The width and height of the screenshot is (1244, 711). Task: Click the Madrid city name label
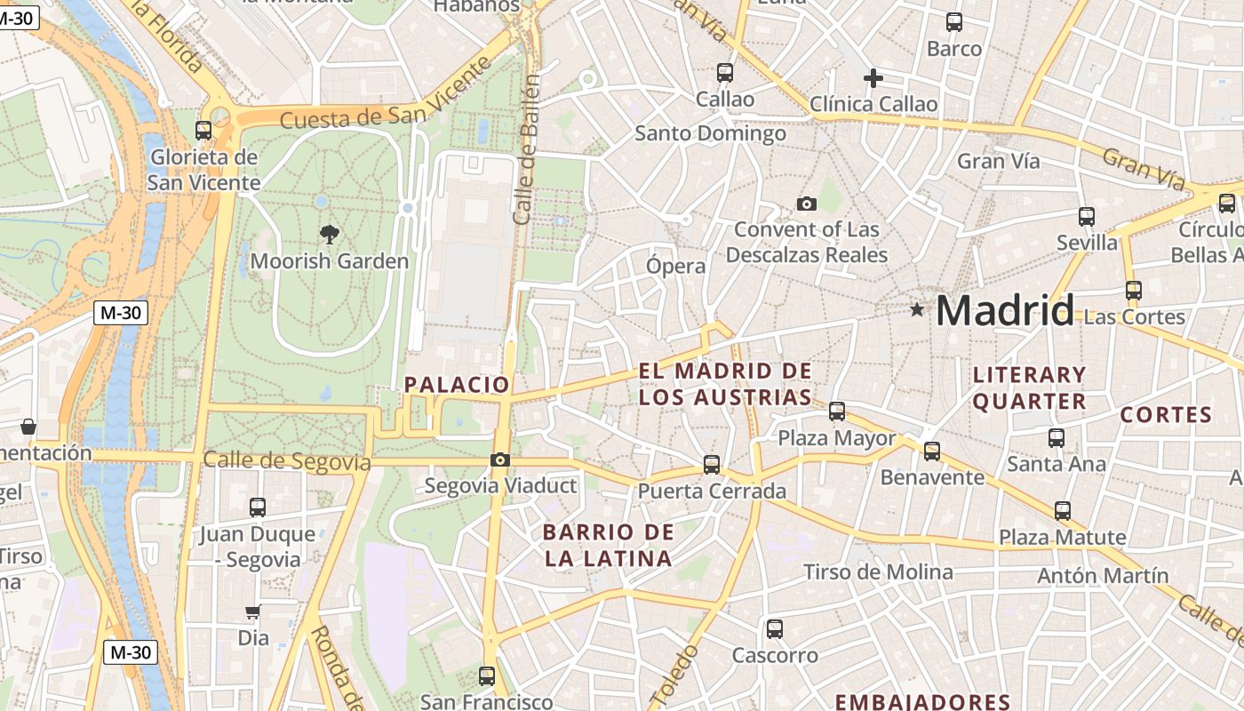click(x=1004, y=311)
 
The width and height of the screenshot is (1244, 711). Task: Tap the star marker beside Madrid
click(x=916, y=309)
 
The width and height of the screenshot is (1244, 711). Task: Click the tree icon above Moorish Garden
click(x=330, y=235)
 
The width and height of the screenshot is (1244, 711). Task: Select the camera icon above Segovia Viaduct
click(x=500, y=459)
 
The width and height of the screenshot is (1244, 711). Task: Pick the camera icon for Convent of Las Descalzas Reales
click(x=806, y=204)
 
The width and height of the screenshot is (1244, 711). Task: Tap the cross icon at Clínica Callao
click(x=873, y=78)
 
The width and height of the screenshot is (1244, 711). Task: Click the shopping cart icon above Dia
click(x=253, y=611)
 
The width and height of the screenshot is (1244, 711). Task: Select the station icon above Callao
click(x=725, y=72)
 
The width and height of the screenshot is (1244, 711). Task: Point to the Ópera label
click(x=676, y=266)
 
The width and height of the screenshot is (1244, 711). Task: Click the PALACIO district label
click(x=457, y=385)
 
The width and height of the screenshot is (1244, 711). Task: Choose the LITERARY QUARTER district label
click(x=1029, y=387)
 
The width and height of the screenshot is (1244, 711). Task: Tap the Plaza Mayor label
click(x=837, y=438)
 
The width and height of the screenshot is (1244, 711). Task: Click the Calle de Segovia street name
click(x=286, y=461)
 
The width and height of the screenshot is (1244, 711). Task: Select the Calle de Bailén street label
click(x=526, y=149)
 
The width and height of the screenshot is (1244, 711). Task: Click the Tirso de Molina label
click(x=878, y=571)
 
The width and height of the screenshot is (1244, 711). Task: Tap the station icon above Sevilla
click(x=1086, y=216)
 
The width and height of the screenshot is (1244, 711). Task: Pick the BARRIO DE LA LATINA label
click(x=608, y=546)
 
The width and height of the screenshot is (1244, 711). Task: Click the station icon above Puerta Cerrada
click(x=711, y=464)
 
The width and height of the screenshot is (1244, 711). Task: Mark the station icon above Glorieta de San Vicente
click(x=203, y=131)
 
